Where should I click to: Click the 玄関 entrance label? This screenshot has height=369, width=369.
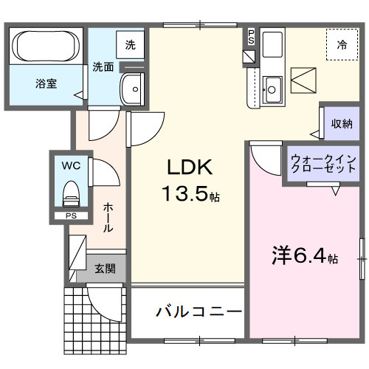(x=105, y=269)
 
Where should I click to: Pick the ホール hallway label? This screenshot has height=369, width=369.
(x=108, y=218)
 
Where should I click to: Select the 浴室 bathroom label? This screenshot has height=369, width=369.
(x=46, y=83)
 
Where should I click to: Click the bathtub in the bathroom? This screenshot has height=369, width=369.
(x=46, y=45)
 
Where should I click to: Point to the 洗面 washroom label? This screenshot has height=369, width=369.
(x=103, y=67)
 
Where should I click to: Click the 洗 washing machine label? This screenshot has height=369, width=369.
(x=130, y=45)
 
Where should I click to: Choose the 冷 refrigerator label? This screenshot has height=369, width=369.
(x=342, y=45)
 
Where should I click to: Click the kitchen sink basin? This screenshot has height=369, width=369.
(x=271, y=89)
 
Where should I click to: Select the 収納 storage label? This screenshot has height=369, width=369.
(x=340, y=123)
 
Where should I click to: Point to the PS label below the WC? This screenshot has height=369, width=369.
(x=71, y=215)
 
